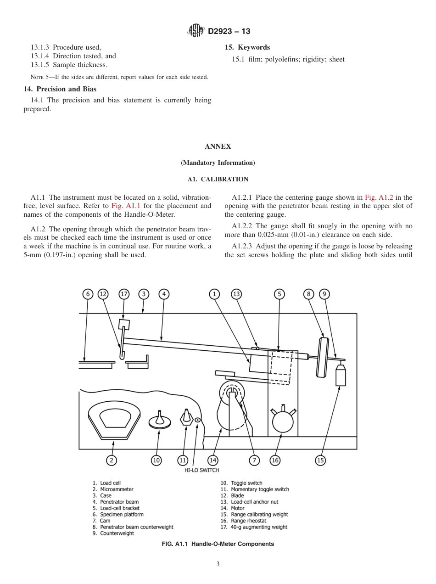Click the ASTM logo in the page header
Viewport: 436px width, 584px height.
pos(196,31)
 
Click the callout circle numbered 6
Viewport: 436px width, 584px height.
pos(88,294)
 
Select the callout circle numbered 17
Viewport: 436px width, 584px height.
pos(124,294)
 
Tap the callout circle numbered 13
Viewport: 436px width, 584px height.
pos(236,294)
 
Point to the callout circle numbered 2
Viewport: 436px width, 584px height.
pos(111,460)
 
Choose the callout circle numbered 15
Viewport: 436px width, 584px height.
pos(321,460)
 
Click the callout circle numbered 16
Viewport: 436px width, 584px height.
pos(275,460)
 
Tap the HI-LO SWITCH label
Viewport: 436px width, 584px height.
pos(198,470)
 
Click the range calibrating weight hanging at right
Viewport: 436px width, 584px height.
pos(340,375)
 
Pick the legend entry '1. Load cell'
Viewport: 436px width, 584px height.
pos(107,483)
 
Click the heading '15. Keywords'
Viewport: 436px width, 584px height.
pos(247,47)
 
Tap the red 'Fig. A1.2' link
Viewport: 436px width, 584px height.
pos(379,197)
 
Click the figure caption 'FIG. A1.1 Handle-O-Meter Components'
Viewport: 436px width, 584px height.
pos(218,544)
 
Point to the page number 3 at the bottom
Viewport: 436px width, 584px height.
pos(218,564)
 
